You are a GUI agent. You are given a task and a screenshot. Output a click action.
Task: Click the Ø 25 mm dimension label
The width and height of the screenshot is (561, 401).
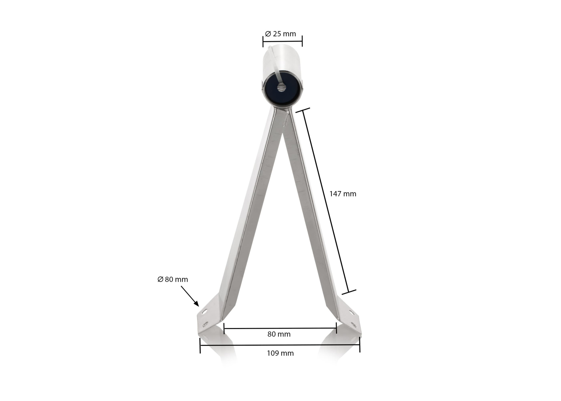point(280,34)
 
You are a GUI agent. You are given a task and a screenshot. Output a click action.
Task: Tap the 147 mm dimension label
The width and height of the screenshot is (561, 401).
point(342,194)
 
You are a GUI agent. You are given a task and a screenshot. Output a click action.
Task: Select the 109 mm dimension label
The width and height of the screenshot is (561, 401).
point(280,353)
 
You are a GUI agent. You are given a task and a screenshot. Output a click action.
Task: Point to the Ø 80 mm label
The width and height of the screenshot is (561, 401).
point(173,279)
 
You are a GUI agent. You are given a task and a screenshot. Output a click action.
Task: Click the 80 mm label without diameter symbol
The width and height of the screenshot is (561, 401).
point(279,334)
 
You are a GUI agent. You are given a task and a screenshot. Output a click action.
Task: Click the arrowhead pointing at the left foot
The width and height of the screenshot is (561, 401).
point(197,304)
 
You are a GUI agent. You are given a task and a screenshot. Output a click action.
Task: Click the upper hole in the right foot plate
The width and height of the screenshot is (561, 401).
point(351,312)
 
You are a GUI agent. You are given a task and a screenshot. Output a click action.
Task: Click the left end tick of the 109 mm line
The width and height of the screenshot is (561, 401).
point(200,345)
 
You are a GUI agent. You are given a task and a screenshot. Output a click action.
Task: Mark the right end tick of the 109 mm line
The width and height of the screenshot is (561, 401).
point(360,345)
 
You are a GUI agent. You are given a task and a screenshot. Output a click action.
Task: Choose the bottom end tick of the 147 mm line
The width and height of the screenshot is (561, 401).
point(349,292)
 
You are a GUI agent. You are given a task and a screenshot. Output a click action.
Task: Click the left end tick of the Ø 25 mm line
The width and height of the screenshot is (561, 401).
point(263,42)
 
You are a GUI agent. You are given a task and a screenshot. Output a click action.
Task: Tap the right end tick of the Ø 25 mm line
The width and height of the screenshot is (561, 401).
point(302,41)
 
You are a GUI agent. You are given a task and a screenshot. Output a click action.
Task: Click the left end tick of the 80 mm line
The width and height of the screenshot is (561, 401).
point(224,328)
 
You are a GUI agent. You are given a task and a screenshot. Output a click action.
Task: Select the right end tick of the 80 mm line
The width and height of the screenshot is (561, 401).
point(336,328)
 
